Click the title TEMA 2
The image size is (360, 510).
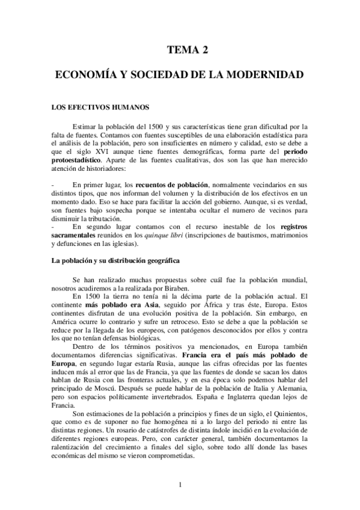tap(187, 51)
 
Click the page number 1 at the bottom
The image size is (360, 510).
tap(180, 485)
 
